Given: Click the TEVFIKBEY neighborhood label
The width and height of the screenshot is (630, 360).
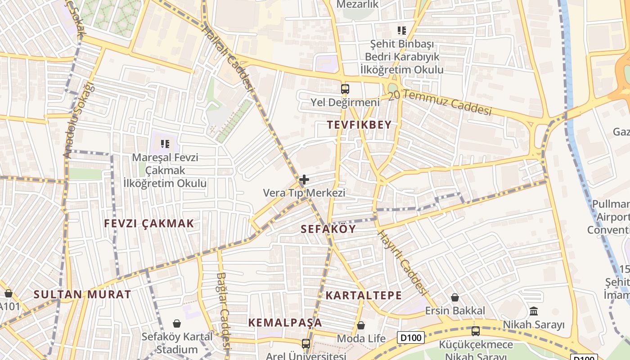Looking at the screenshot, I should [x=360, y=125].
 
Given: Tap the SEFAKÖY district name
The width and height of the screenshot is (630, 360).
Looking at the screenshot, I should [x=328, y=229].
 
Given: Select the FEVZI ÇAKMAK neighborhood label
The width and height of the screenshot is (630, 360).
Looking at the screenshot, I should [x=149, y=223].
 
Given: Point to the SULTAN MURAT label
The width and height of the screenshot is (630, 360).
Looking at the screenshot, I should [x=82, y=295].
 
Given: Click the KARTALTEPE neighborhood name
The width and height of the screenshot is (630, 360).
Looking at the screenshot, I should [x=364, y=295].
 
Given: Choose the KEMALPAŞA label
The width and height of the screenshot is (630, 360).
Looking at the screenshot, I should [x=285, y=323].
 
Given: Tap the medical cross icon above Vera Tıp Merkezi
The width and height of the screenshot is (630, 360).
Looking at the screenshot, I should [x=304, y=180].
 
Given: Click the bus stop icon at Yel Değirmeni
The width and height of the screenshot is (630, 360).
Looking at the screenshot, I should [x=345, y=89].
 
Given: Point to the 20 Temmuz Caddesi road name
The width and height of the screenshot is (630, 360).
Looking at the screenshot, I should [x=440, y=103].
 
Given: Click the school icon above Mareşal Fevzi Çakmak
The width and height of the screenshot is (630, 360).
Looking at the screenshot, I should [x=165, y=144].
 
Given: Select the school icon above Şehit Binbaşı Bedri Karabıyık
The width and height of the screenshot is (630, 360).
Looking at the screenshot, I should [x=402, y=31].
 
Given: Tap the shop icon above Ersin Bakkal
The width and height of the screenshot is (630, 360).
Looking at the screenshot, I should [x=455, y=297].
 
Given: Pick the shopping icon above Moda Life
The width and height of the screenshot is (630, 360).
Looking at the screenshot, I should [x=361, y=325].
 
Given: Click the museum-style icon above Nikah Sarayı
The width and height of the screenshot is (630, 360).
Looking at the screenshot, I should [x=534, y=311].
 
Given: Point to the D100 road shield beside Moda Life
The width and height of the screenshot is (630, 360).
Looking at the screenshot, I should [x=411, y=337].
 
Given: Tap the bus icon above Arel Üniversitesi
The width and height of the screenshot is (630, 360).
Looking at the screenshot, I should [x=306, y=344].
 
